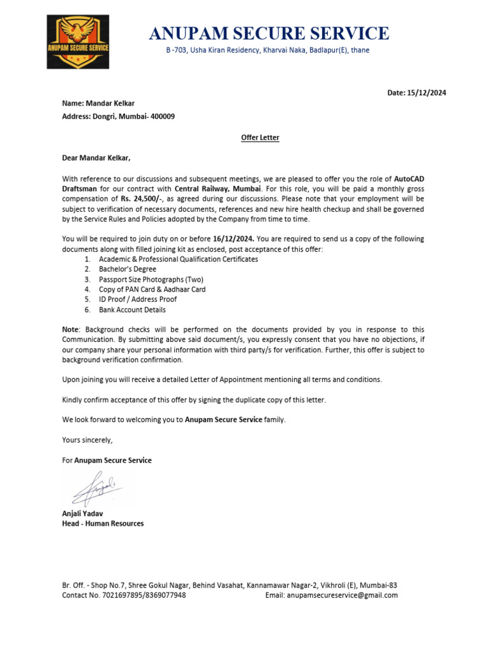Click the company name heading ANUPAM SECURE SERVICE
coord(269,33)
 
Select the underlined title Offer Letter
coord(260,137)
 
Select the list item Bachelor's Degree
coord(128,269)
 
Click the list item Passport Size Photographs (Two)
coord(151,279)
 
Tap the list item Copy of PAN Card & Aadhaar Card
coord(152,289)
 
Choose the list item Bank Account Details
coord(132,310)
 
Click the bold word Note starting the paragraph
coord(71,329)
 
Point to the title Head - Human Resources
coord(103,524)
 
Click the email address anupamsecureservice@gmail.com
coord(342,595)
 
